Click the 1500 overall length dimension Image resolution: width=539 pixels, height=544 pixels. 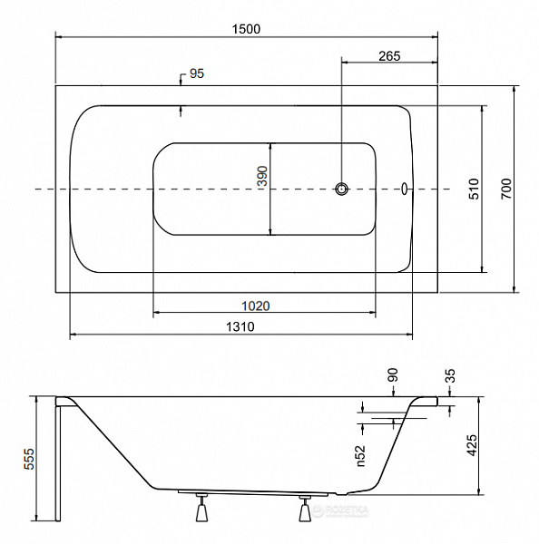click(x=246, y=29)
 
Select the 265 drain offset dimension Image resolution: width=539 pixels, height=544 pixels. click(x=389, y=56)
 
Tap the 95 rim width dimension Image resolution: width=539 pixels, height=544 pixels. click(x=197, y=73)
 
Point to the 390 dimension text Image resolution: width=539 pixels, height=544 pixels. click(x=263, y=176)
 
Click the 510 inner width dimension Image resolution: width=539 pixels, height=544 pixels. click(x=474, y=189)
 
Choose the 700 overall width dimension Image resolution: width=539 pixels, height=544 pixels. click(x=506, y=189)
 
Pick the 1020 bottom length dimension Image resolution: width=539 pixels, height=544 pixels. click(x=256, y=306)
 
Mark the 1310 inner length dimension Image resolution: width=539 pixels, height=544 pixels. click(x=240, y=326)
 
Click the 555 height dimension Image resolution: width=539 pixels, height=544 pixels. click(x=29, y=459)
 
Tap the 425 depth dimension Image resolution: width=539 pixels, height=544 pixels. click(x=472, y=445)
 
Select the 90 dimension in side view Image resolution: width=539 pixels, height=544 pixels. click(x=393, y=375)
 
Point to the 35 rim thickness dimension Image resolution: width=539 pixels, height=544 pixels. click(x=449, y=375)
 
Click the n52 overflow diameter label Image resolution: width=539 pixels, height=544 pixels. click(x=361, y=456)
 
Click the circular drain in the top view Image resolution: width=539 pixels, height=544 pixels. click(x=342, y=189)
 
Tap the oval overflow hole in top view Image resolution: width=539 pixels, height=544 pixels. click(x=405, y=189)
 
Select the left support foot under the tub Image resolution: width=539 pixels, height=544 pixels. click(x=201, y=508)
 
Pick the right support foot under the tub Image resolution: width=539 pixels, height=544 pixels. click(x=305, y=509)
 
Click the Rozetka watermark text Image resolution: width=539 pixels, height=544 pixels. click(x=346, y=510)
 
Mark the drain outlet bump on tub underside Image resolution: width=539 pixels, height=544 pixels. click(x=341, y=493)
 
